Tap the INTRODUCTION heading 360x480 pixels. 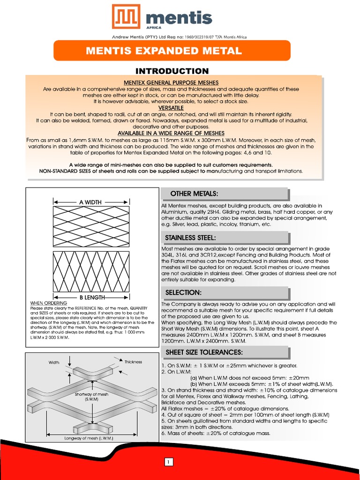click(172, 71)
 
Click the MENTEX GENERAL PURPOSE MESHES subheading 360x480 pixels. click(171, 82)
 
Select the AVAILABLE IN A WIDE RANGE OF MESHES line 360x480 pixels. click(171, 133)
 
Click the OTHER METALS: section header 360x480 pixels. click(194, 194)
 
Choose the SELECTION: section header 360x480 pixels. click(183, 292)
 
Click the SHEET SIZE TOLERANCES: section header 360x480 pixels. click(204, 352)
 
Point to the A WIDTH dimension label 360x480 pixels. click(90, 202)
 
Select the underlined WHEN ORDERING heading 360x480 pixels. click(48, 303)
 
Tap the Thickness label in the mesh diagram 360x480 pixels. click(133, 362)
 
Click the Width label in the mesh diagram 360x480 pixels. click(54, 362)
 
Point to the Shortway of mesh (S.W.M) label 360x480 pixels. click(91, 397)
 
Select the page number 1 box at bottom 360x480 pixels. click(169, 463)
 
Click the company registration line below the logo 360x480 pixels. click(179, 37)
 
